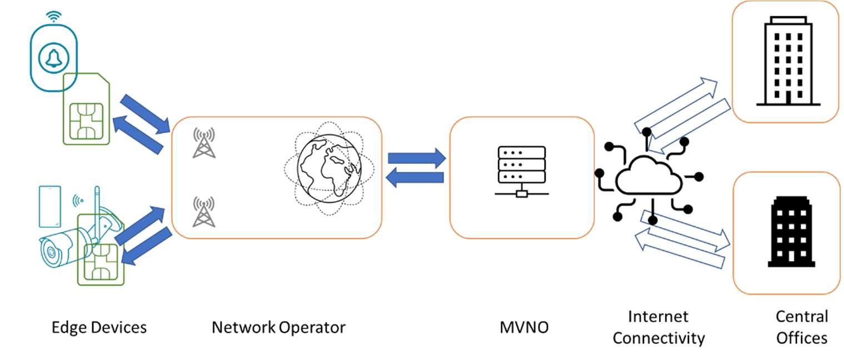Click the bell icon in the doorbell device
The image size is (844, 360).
54,57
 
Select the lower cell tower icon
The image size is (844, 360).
203,212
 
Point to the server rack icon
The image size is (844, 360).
522,171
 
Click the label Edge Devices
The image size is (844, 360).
99,327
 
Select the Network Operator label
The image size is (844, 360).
278,327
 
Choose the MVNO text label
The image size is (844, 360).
523,327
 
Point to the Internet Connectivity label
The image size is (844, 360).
658,327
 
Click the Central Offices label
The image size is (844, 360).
802,327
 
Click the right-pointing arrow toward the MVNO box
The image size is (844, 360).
417,158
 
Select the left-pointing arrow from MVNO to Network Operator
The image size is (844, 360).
416,178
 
